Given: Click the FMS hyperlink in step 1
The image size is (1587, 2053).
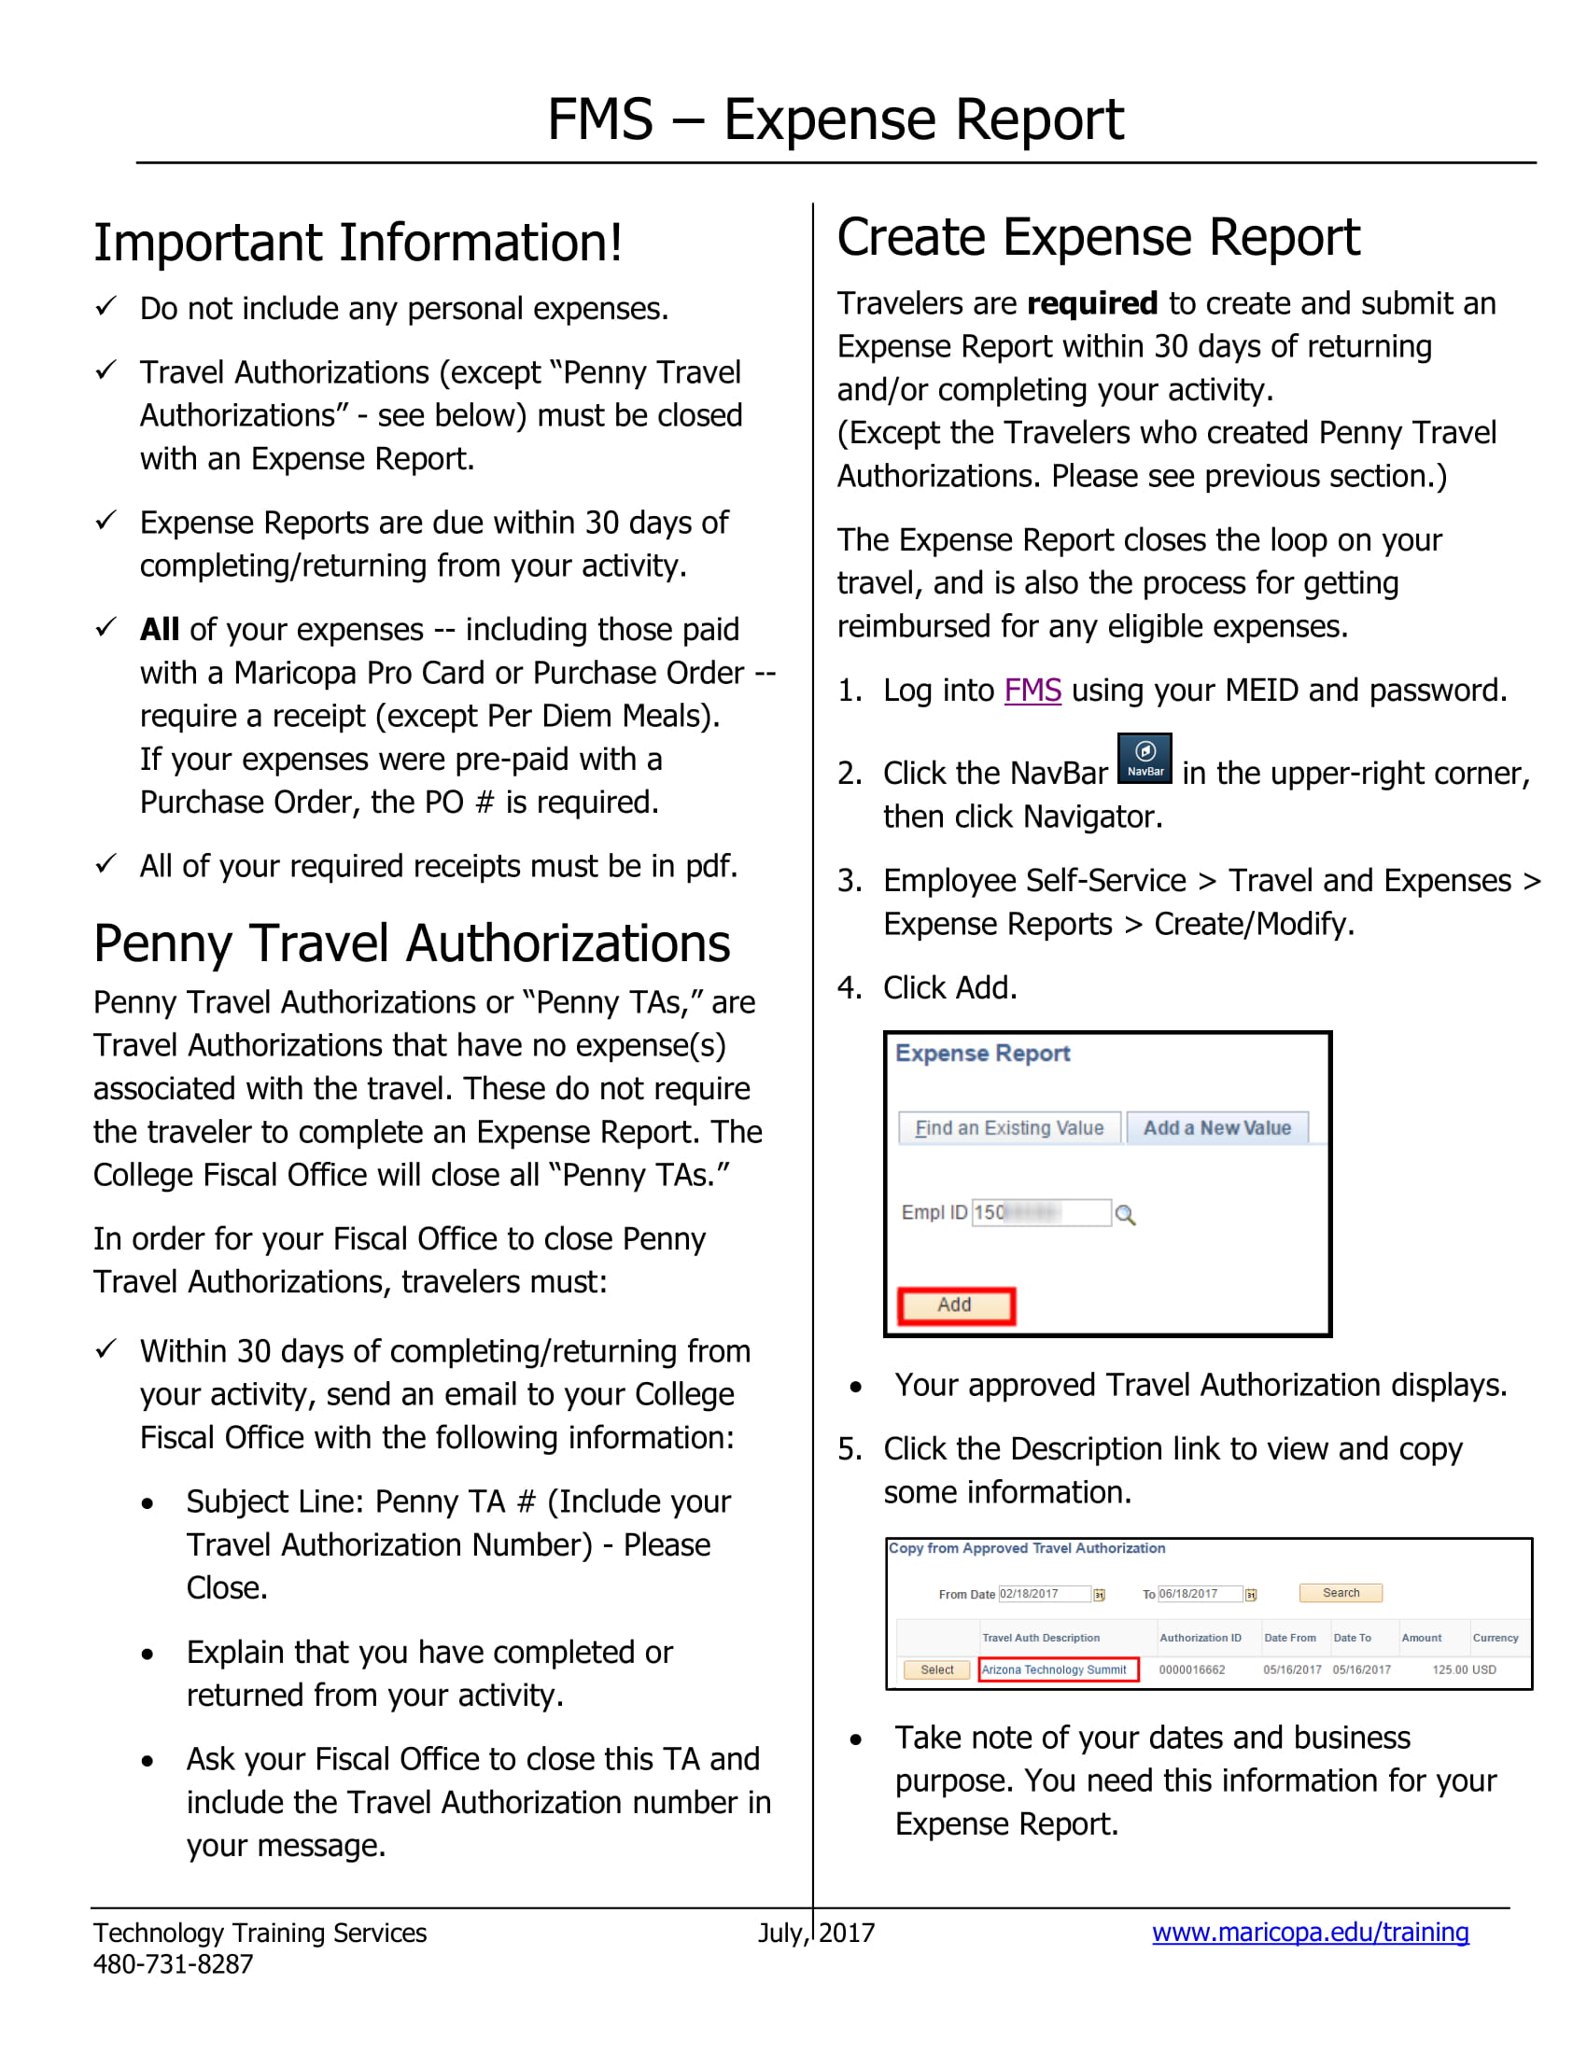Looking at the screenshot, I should point(1032,691).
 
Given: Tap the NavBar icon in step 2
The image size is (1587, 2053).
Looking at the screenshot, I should point(1145,758).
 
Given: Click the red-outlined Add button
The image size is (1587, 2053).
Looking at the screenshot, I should point(955,1306).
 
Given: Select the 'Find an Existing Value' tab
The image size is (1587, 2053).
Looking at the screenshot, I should point(1009,1128).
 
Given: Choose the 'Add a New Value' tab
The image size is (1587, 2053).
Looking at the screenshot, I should point(1216,1128).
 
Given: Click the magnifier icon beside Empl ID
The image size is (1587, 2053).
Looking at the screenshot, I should point(1125,1214).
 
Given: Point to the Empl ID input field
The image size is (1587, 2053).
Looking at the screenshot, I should point(1041,1212).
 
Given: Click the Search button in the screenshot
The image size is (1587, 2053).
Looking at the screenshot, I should point(1340,1593).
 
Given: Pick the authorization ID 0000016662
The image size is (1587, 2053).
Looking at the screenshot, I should point(1191,1670).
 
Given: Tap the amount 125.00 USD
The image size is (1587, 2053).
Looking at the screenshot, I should point(1463,1670).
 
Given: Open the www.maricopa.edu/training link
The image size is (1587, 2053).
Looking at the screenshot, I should point(1310,1933).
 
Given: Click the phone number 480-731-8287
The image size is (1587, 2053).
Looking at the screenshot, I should point(173,1964).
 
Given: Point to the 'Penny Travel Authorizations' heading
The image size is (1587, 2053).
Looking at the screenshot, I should point(412,943).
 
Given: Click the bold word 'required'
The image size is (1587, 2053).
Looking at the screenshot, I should point(1091,304).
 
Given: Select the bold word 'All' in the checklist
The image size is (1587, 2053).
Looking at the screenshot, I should point(160,630).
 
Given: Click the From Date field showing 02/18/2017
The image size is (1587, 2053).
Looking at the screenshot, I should point(1043,1594).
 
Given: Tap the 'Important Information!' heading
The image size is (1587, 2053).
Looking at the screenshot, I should point(358,243).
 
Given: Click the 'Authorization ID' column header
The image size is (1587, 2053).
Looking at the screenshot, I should point(1200,1639).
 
